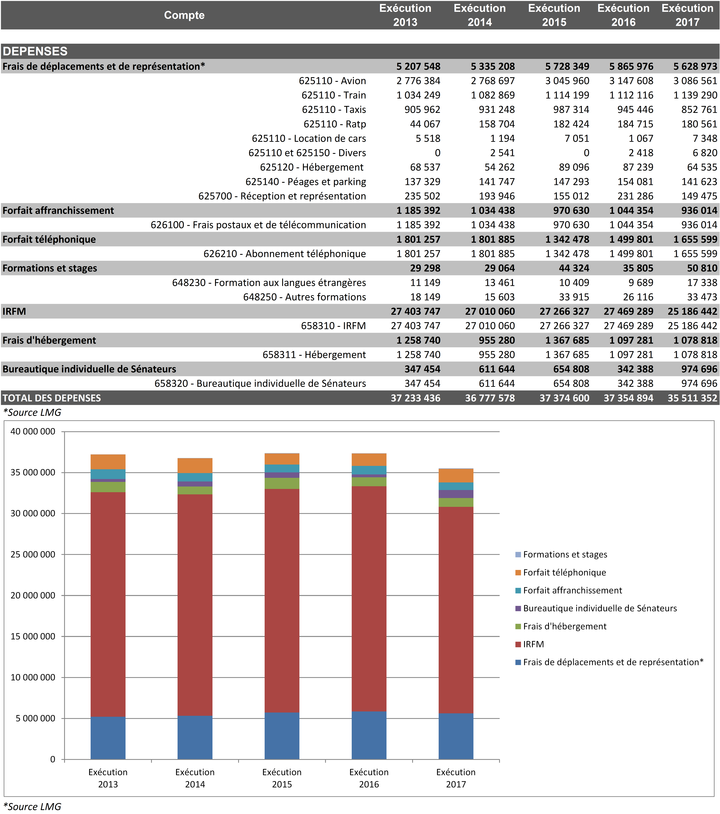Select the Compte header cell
(x=184, y=15)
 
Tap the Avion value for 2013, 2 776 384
(x=418, y=81)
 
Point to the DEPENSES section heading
(x=35, y=51)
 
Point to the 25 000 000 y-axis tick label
(x=33, y=554)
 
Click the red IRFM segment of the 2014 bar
(x=195, y=605)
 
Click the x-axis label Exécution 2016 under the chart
(x=369, y=778)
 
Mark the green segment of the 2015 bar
(x=282, y=483)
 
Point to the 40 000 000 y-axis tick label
(x=33, y=431)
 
